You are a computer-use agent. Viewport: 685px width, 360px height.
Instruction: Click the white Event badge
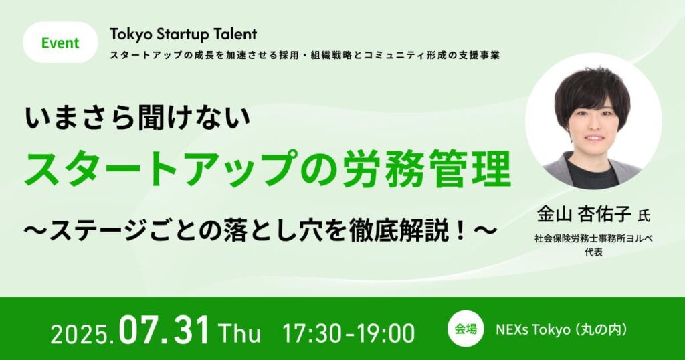coord(60,42)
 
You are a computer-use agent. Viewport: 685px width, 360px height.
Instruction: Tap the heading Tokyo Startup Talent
coord(183,34)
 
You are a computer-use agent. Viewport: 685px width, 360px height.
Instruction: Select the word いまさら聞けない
coord(138,119)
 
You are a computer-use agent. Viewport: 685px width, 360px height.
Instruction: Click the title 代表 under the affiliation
coord(594,252)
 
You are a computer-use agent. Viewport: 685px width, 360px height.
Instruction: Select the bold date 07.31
coord(165,332)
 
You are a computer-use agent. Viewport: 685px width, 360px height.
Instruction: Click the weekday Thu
coord(239,334)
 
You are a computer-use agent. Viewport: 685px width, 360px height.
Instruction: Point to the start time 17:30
coord(312,334)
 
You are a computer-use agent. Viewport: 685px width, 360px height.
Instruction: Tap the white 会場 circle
coord(466,329)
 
